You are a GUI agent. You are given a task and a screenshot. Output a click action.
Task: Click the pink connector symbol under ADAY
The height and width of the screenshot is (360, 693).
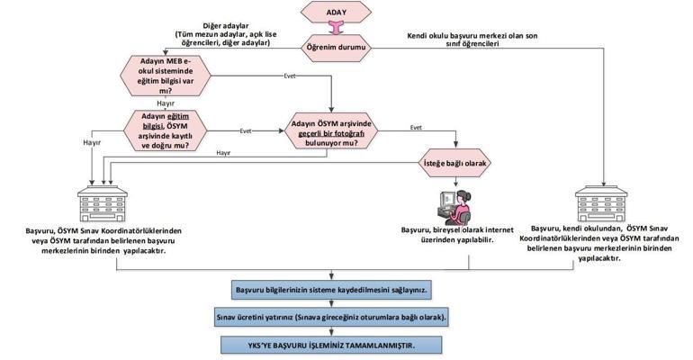pos(337,30)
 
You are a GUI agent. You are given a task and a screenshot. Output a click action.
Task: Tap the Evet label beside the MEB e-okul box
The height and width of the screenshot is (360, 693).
pos(290,75)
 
